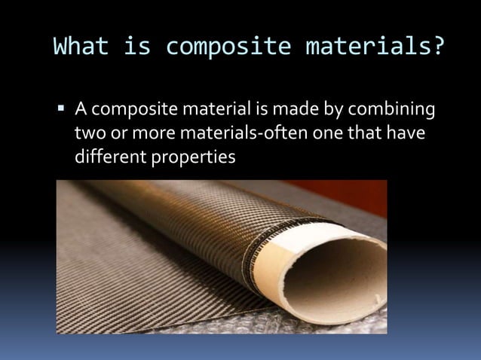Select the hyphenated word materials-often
tap(253, 136)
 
